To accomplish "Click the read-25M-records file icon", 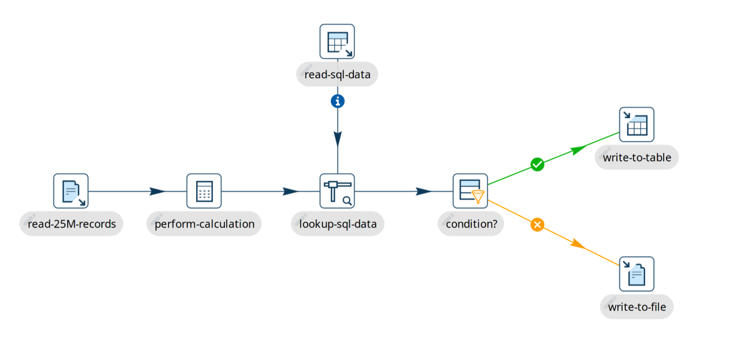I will pyautogui.click(x=71, y=191).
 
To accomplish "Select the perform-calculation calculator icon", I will pyautogui.click(x=204, y=191).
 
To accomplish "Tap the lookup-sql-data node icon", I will pyautogui.click(x=337, y=191).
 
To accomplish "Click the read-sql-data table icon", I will pyautogui.click(x=337, y=42).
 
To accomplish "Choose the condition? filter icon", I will pyautogui.click(x=470, y=191).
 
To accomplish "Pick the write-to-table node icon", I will pyautogui.click(x=636, y=125).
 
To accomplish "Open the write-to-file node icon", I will pyautogui.click(x=636, y=274).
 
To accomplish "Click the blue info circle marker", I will pyautogui.click(x=338, y=101).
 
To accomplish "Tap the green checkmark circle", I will pyautogui.click(x=537, y=164).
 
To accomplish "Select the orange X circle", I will pyautogui.click(x=537, y=225).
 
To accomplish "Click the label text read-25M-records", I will pyautogui.click(x=72, y=224).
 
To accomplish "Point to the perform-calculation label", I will pyautogui.click(x=205, y=224).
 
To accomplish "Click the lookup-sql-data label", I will pyautogui.click(x=338, y=224).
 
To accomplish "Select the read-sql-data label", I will pyautogui.click(x=338, y=74).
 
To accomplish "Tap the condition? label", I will pyautogui.click(x=472, y=224).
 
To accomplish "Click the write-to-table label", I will pyautogui.click(x=637, y=158).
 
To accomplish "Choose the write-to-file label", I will pyautogui.click(x=637, y=307).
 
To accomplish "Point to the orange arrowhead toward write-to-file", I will pyautogui.click(x=577, y=243).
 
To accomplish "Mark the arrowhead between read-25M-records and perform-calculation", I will pyautogui.click(x=157, y=191).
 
